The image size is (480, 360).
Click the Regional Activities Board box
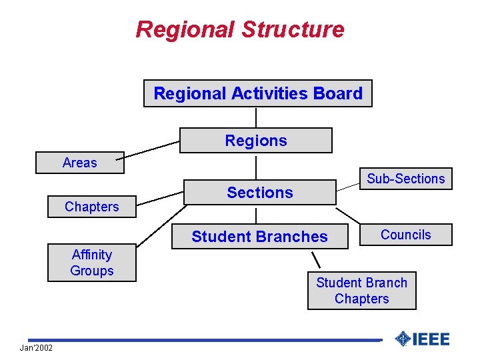click(258, 93)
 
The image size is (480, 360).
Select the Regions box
click(256, 141)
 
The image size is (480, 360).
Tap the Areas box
click(80, 163)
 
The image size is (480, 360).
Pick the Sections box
click(259, 193)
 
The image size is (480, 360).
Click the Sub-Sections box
click(405, 179)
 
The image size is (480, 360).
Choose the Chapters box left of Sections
click(92, 207)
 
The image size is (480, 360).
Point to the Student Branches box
click(259, 237)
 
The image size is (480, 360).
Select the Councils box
click(405, 235)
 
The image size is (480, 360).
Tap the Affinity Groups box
click(92, 263)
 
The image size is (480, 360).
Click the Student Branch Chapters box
click(361, 291)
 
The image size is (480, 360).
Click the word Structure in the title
click(293, 29)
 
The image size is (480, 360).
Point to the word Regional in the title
click(185, 29)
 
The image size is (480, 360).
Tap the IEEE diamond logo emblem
click(403, 339)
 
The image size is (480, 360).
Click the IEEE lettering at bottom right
click(432, 339)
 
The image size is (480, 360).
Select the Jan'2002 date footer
click(36, 349)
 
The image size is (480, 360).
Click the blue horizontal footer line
click(200, 340)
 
